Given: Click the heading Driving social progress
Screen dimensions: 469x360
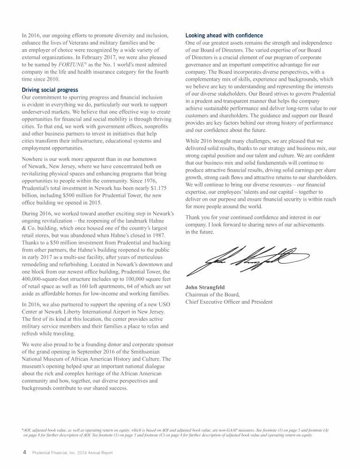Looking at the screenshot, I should [x=50, y=90].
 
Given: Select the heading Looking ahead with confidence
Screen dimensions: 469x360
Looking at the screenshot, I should [x=224, y=35].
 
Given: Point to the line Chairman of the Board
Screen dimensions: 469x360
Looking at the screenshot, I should [x=212, y=295].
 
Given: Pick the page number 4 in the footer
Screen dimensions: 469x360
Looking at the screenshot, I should [x=24, y=452].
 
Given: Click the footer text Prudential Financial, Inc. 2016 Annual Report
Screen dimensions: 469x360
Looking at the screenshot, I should [x=72, y=453].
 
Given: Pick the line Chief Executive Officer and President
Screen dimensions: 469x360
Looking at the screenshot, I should [x=229, y=302].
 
